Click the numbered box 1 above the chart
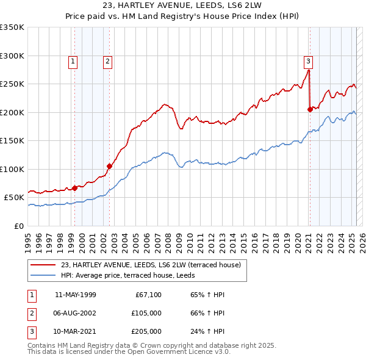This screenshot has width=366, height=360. [73, 61]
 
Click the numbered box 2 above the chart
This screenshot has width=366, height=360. [107, 61]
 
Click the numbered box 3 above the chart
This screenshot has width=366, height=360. [308, 61]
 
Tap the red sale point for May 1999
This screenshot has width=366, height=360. [75, 188]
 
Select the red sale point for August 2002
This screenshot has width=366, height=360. [110, 166]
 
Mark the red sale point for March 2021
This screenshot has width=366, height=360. [310, 109]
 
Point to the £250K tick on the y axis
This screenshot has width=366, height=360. [13, 84]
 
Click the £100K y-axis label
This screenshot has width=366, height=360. [13, 169]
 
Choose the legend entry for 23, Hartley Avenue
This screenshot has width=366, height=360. [151, 265]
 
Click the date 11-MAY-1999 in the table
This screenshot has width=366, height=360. [76, 295]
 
